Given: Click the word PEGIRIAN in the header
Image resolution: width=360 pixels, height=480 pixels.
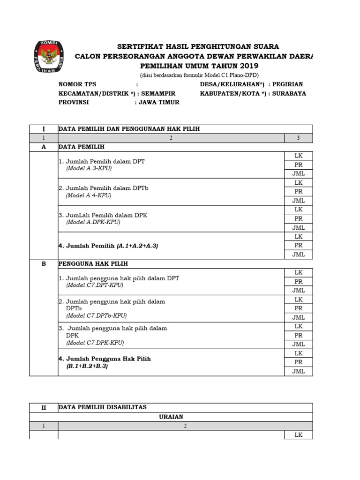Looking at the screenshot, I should click(288, 84).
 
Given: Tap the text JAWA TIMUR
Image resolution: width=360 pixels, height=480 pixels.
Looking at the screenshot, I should click(159, 102).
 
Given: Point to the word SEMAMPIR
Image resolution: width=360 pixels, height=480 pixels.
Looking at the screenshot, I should click(160, 93).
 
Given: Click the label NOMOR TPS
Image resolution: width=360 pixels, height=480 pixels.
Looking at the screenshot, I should click(77, 84).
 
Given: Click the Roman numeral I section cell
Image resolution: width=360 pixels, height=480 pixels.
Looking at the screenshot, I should click(44, 129).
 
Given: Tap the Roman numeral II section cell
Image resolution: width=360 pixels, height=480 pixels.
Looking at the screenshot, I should click(44, 407).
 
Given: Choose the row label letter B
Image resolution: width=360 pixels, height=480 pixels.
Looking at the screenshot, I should click(44, 263).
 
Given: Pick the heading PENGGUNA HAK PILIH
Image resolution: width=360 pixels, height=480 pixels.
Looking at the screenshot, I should click(93, 263).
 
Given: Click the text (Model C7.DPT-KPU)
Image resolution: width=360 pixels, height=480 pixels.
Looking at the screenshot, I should click(95, 285).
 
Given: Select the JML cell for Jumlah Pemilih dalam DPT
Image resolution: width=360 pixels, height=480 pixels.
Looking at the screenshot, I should click(299, 173).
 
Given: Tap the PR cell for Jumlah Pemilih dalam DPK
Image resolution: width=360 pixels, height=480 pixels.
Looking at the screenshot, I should click(299, 218).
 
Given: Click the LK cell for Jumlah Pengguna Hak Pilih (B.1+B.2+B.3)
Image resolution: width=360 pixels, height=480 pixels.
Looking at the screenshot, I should click(299, 353).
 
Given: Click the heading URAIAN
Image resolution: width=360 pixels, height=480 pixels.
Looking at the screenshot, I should click(171, 416).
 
